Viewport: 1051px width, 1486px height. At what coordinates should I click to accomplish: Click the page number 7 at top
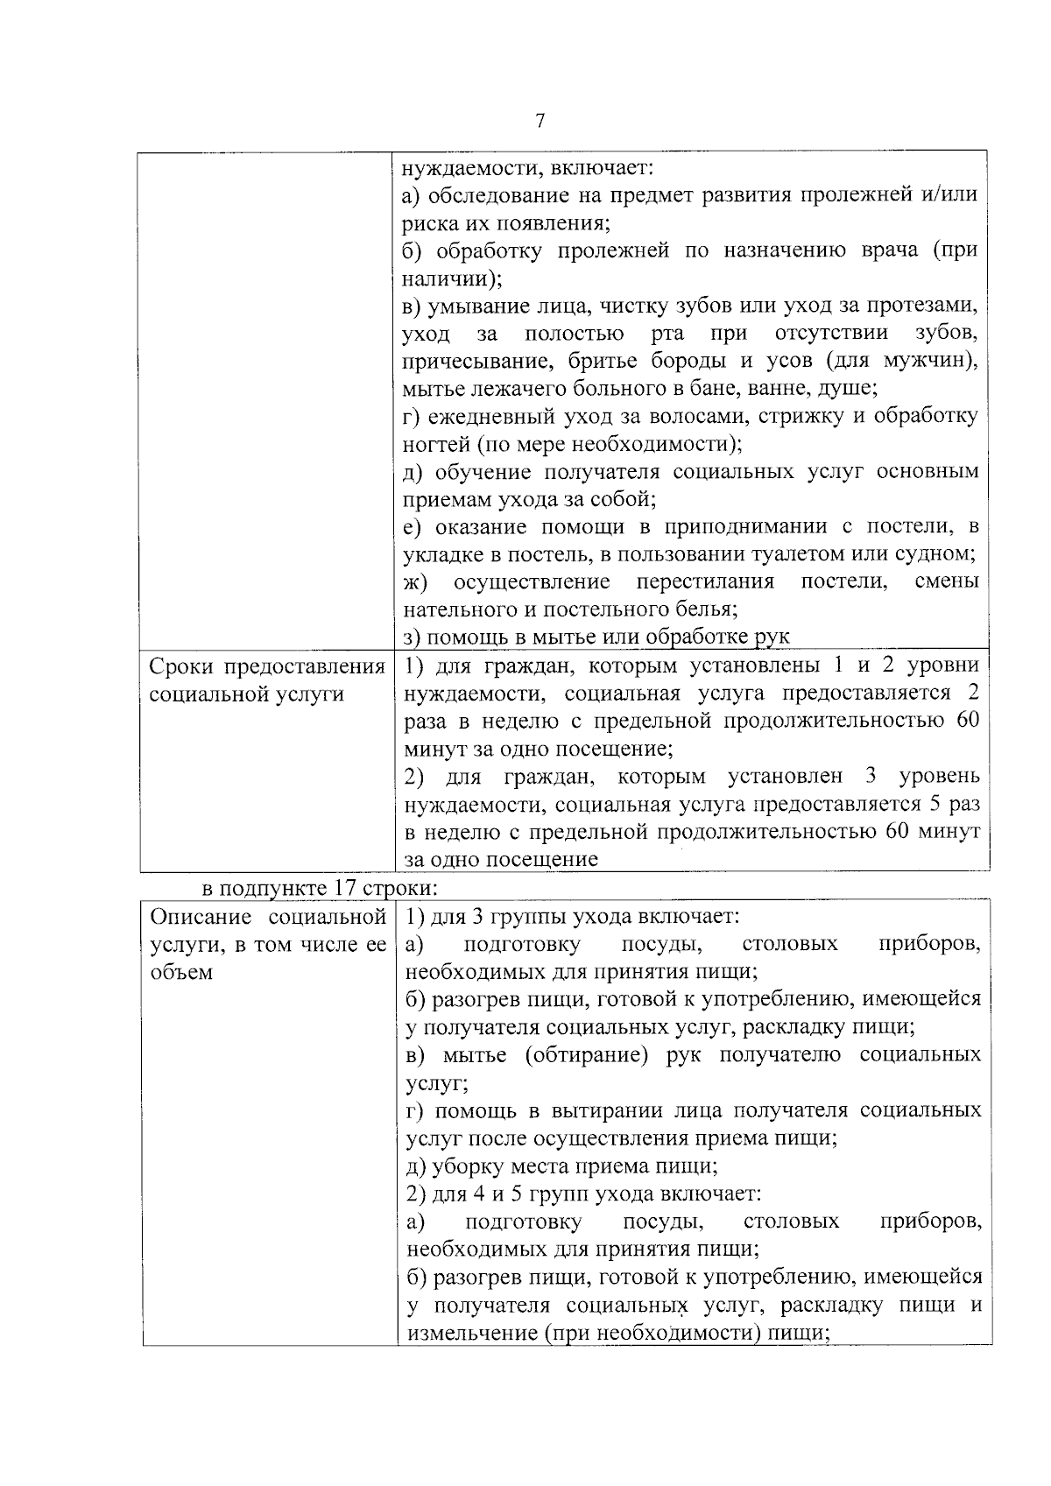point(540,122)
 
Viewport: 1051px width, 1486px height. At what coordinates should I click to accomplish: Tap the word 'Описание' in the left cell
point(202,918)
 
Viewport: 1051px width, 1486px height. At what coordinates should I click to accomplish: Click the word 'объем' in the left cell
point(181,973)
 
